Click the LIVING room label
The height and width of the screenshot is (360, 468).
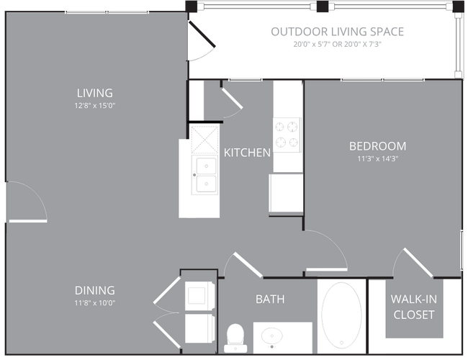(x=95, y=93)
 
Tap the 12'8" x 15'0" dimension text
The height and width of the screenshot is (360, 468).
(x=95, y=106)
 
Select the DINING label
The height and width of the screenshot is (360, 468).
(x=95, y=290)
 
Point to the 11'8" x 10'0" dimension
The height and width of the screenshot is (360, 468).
(x=95, y=303)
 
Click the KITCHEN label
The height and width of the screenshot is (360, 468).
(x=247, y=153)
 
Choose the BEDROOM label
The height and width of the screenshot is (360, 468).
(x=377, y=146)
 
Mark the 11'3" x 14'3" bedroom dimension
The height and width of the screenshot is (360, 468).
(x=377, y=158)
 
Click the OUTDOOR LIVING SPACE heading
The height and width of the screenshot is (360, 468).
(x=337, y=32)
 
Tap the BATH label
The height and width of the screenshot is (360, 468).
(x=270, y=299)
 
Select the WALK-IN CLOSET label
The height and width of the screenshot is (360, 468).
(x=414, y=307)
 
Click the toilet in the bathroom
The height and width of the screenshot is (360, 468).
(x=235, y=338)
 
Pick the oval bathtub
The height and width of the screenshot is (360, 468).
(x=341, y=315)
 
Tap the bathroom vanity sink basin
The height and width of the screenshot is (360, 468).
(x=272, y=336)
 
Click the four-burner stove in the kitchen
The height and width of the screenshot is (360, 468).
(x=287, y=135)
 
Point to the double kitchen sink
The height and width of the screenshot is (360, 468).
(x=205, y=175)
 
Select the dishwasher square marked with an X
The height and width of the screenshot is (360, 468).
(x=204, y=140)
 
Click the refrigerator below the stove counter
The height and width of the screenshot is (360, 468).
(x=286, y=193)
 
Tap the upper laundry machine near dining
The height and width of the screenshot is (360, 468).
(x=199, y=296)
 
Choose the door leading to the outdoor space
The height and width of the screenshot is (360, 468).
(x=202, y=34)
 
